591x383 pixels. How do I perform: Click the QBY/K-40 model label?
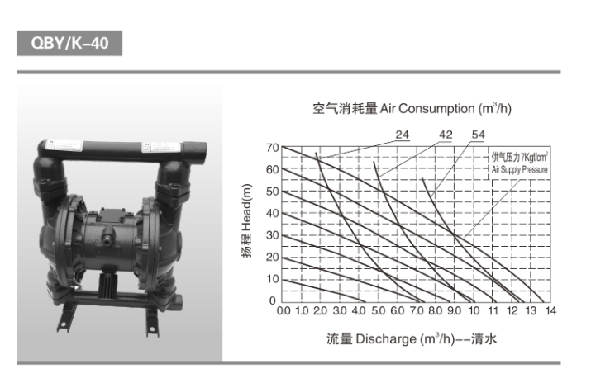[x=69, y=43]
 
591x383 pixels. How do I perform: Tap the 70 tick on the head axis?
[x=273, y=148]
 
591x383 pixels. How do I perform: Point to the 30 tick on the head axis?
[x=273, y=235]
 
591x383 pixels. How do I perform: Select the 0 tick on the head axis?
[x=273, y=300]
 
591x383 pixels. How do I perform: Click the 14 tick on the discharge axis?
[x=550, y=310]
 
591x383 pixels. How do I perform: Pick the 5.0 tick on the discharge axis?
[x=379, y=310]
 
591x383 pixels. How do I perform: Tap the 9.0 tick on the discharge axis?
[x=454, y=310]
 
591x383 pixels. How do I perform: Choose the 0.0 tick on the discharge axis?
[x=284, y=310]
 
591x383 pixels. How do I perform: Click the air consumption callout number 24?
[x=403, y=135]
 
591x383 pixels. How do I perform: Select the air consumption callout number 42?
[x=446, y=135]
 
